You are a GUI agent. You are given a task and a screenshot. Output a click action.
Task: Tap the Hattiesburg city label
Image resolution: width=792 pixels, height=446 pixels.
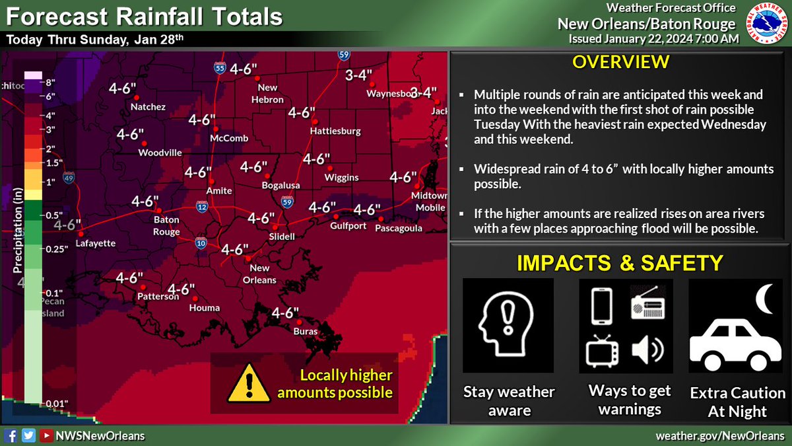click(335, 131)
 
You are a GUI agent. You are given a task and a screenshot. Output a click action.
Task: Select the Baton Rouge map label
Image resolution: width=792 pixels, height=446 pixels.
click(166, 225)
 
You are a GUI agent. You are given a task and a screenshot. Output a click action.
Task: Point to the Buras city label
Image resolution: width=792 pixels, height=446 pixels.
click(306, 331)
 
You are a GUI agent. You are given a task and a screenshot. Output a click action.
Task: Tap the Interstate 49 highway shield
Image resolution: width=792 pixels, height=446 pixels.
click(69, 178)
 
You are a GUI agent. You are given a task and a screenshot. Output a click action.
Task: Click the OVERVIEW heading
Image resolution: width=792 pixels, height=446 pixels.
click(620, 63)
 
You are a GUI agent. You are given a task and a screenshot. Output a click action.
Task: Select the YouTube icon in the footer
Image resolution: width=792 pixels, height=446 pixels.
click(46, 436)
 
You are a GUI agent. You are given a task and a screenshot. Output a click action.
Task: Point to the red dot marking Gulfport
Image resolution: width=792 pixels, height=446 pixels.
click(335, 216)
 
